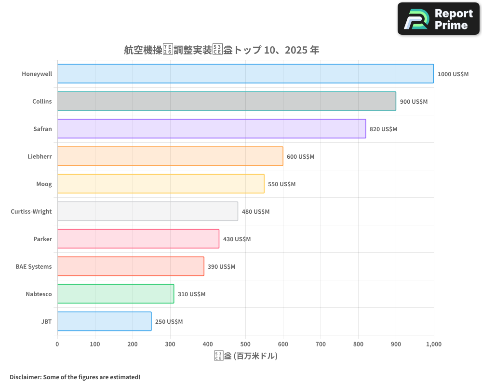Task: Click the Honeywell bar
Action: click(245, 74)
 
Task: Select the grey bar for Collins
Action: click(227, 101)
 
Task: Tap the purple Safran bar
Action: click(212, 129)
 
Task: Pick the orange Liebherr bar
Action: click(170, 156)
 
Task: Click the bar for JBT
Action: click(104, 321)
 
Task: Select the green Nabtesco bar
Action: click(116, 294)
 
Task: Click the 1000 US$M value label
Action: click(453, 74)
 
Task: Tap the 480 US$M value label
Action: click(255, 212)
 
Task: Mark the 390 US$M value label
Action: click(221, 267)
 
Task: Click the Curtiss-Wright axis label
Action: click(31, 212)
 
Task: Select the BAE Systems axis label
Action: click(33, 267)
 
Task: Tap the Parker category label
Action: click(42, 239)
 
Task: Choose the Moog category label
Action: click(44, 184)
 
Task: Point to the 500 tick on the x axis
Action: click(245, 344)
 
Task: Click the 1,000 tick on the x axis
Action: click(433, 344)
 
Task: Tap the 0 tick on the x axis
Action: click(57, 344)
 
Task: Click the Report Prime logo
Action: click(439, 19)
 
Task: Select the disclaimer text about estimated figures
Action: click(75, 377)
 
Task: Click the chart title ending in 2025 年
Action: click(221, 50)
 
